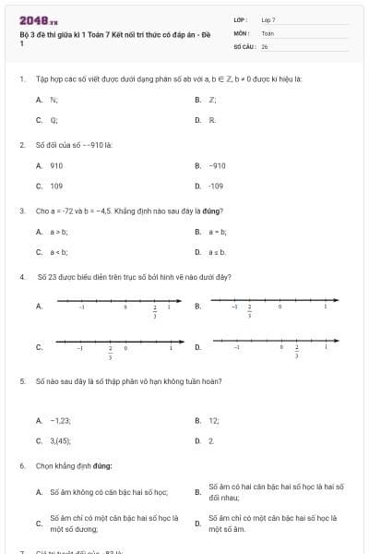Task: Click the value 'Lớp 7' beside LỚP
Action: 268,19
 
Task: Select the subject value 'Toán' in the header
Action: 268,32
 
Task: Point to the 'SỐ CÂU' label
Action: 243,45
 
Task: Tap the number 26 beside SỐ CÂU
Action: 265,45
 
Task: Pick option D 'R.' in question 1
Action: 212,120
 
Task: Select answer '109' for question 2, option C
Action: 56,186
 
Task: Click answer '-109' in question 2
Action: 217,186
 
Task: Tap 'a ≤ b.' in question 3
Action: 218,251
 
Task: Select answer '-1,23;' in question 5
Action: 60,420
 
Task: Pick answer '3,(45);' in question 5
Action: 61,440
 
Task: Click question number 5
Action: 22,380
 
